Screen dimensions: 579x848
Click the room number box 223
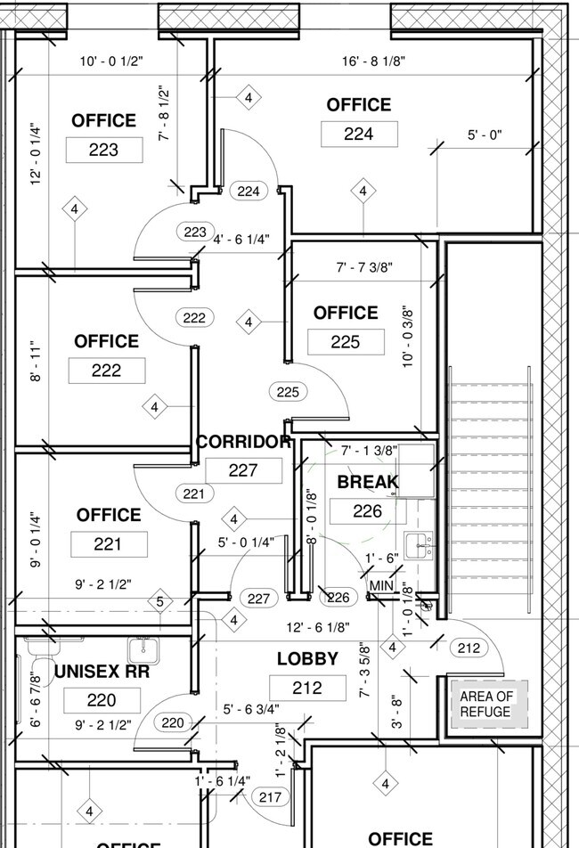(104, 150)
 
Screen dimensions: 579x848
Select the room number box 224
(359, 135)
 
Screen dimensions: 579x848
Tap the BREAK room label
(368, 482)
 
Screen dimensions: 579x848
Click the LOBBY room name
(307, 659)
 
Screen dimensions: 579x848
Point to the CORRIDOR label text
(243, 442)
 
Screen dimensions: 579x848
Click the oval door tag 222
(194, 317)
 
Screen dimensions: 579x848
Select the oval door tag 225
(288, 392)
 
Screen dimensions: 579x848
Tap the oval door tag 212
(469, 648)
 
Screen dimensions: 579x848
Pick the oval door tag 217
(270, 797)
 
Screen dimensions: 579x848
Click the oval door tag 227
(259, 599)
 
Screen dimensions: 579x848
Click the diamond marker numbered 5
(160, 601)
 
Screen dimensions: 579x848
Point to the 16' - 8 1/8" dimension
(373, 61)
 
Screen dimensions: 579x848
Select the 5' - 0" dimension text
(485, 135)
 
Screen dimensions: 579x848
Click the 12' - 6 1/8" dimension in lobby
(318, 627)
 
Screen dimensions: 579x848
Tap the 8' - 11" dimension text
(36, 361)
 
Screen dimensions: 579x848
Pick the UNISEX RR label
(102, 672)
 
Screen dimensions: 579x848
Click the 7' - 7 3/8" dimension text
(364, 267)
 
